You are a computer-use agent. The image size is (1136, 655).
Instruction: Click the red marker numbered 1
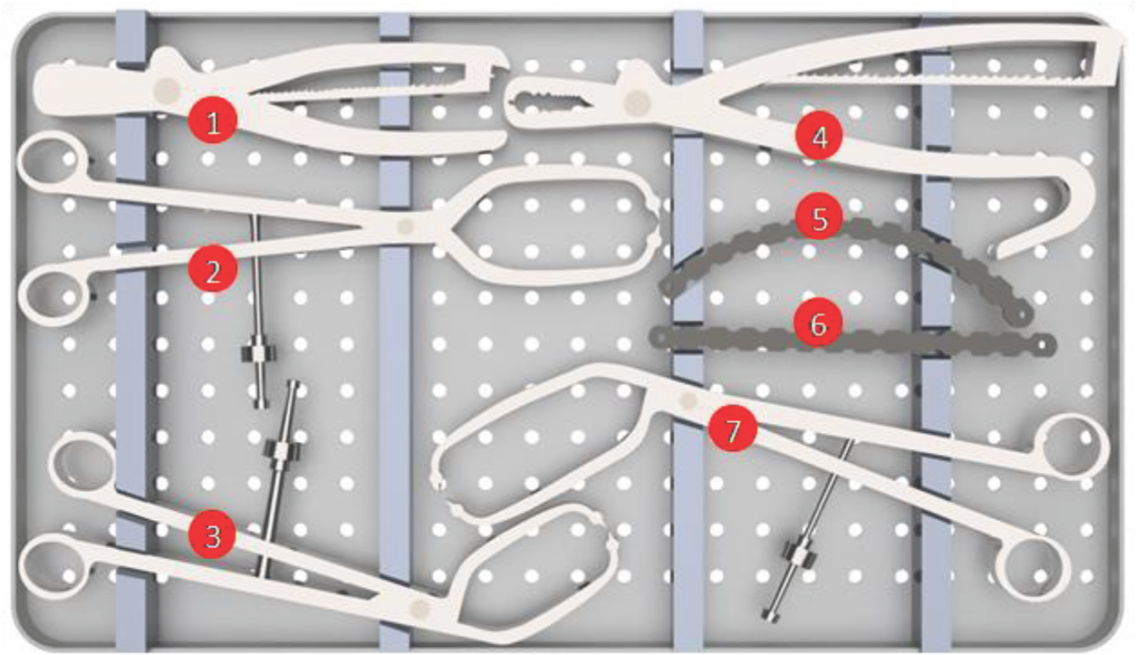[x=213, y=120]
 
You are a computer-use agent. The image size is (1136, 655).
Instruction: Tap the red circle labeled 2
[x=213, y=269]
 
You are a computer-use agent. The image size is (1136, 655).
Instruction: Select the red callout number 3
[x=212, y=535]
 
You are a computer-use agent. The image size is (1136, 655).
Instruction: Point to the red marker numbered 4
[x=819, y=135]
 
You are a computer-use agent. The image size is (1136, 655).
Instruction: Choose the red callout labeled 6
[x=817, y=322]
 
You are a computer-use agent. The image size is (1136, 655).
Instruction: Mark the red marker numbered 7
[x=732, y=429]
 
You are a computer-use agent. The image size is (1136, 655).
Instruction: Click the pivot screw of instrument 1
[x=167, y=92]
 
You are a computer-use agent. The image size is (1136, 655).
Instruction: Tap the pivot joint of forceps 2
[x=405, y=226]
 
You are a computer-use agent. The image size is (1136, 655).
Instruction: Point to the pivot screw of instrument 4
[x=637, y=103]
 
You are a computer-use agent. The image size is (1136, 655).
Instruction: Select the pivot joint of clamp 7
[x=688, y=400]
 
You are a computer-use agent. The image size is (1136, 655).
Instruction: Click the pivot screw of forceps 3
[x=419, y=608]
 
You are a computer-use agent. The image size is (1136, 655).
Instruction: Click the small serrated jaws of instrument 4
[x=550, y=100]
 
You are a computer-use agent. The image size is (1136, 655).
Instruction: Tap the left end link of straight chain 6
[x=660, y=337]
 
